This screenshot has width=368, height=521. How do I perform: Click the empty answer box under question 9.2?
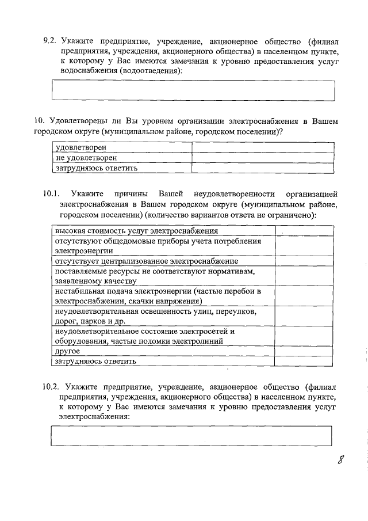[193, 90]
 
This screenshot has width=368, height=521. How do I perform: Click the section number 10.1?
[53, 193]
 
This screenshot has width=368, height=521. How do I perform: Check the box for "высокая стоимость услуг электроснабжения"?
[304, 230]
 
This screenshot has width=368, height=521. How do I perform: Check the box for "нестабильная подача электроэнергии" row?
[304, 296]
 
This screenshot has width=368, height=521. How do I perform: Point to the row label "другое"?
[67, 351]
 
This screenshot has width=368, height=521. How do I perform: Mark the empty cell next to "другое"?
[304, 351]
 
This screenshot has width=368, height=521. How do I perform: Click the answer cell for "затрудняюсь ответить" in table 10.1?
[304, 361]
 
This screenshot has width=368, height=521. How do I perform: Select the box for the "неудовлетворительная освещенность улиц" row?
[304, 316]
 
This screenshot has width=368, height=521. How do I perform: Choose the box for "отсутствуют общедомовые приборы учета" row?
[304, 246]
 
